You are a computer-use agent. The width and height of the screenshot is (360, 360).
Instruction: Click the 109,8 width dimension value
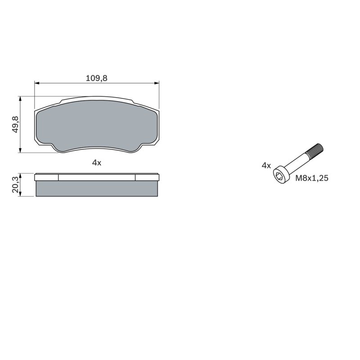(x=96, y=78)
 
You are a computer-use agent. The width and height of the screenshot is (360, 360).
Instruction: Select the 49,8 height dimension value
(x=15, y=124)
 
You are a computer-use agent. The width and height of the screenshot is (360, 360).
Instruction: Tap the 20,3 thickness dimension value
(x=15, y=184)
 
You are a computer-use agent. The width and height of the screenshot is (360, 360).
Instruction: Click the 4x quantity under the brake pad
(x=96, y=163)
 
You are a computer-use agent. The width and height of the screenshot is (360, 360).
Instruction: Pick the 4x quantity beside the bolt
(x=266, y=166)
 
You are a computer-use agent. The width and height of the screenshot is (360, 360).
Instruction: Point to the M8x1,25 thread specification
(x=312, y=178)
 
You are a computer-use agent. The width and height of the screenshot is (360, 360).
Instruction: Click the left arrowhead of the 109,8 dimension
(x=37, y=83)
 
